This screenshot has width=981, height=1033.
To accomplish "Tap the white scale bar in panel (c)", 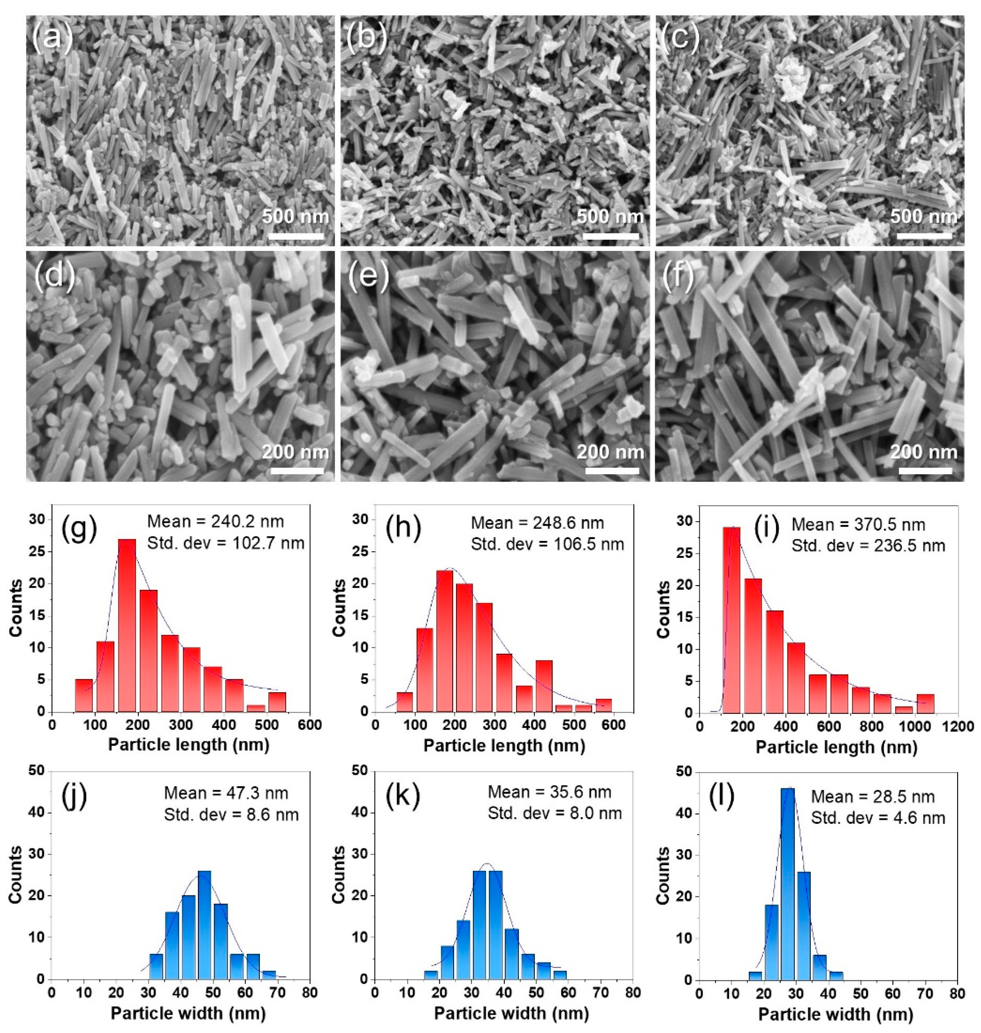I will point(924,236).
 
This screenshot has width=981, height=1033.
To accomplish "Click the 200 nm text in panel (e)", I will point(610,452).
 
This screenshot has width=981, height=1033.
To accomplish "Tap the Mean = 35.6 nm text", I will point(549,792).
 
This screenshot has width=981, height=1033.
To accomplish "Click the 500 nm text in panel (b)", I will point(610,216).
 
